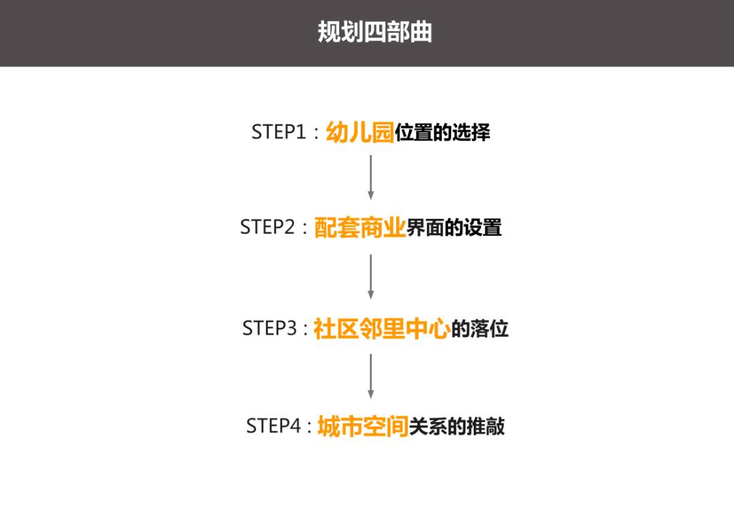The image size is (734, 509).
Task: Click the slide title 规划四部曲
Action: (x=374, y=32)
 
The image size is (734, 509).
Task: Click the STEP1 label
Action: (x=279, y=132)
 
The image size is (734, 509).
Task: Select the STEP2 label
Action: (x=267, y=227)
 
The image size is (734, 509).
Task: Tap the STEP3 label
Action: (x=270, y=328)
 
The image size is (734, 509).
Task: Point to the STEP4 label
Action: (x=273, y=425)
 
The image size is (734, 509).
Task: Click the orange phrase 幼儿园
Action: (x=360, y=132)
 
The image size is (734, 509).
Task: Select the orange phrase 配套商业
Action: (x=360, y=228)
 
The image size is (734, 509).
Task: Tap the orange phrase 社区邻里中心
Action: (x=382, y=329)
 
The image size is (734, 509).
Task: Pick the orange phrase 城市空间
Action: (x=363, y=426)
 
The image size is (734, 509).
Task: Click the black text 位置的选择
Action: (x=443, y=133)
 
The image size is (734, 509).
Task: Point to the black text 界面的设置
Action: (x=454, y=228)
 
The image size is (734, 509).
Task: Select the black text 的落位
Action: (x=480, y=329)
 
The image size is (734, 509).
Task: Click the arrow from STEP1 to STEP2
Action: (x=371, y=177)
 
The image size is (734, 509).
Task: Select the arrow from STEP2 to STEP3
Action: (x=371, y=277)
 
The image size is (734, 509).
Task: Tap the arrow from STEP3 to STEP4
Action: (x=371, y=376)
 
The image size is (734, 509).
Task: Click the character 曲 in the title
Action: (x=421, y=32)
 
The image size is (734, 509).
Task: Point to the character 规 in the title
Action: (x=329, y=32)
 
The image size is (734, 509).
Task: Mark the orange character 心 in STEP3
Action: (x=440, y=329)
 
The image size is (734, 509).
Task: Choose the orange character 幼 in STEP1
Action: (x=337, y=132)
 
